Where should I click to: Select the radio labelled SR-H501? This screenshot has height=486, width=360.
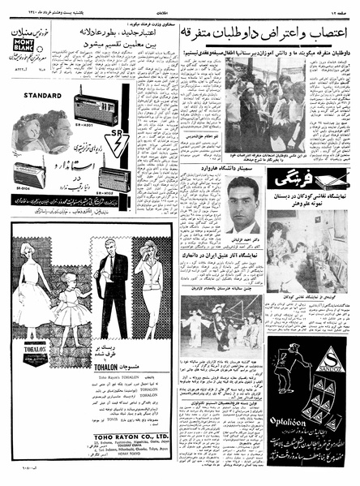tap(95, 109)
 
